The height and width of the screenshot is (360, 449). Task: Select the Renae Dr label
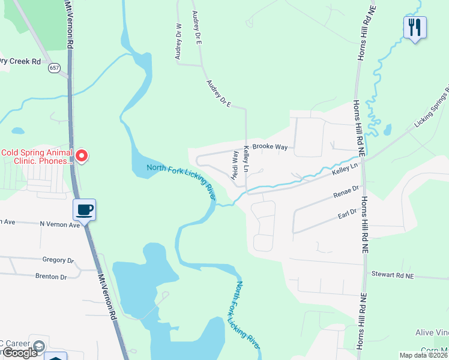tap(345, 193)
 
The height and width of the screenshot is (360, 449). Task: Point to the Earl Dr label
tap(346, 212)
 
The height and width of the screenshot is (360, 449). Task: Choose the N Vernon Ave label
tap(59, 224)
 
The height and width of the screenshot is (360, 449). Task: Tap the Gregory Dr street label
tap(58, 260)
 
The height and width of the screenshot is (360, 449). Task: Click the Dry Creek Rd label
tap(20, 61)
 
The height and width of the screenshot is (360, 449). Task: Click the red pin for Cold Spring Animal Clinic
tap(81, 156)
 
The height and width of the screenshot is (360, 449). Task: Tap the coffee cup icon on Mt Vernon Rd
tap(84, 210)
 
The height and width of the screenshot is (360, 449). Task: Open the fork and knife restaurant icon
tap(415, 28)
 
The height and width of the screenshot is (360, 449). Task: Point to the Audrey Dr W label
tap(178, 42)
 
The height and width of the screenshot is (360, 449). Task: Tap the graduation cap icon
tap(38, 347)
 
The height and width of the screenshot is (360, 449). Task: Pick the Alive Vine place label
tap(432, 332)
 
